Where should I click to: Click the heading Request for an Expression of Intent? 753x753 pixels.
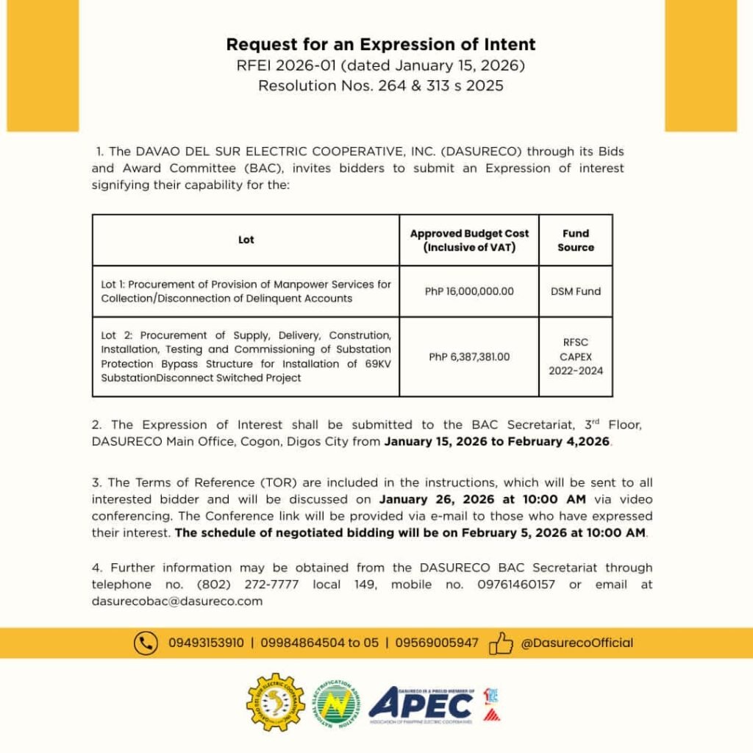pyautogui.click(x=380, y=44)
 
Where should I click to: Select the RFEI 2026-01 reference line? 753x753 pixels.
pyautogui.click(x=380, y=65)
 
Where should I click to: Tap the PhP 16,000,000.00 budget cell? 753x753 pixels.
pyautogui.click(x=469, y=291)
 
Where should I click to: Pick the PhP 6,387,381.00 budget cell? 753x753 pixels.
pyautogui.click(x=469, y=357)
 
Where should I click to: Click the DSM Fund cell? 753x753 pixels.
pyautogui.click(x=575, y=291)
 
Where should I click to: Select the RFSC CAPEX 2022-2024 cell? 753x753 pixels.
pyautogui.click(x=575, y=357)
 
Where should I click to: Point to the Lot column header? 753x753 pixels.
pyautogui.click(x=246, y=240)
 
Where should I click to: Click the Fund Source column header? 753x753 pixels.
pyautogui.click(x=575, y=240)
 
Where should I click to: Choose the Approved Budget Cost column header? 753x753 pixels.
pyautogui.click(x=469, y=240)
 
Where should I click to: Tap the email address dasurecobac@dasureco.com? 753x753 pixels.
pyautogui.click(x=177, y=601)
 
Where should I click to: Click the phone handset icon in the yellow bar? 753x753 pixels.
pyautogui.click(x=146, y=643)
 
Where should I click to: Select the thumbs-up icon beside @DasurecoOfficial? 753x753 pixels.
pyautogui.click(x=501, y=643)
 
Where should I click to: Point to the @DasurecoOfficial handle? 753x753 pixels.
pyautogui.click(x=577, y=643)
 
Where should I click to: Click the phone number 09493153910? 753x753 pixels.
pyautogui.click(x=206, y=643)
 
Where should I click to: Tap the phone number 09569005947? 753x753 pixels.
pyautogui.click(x=437, y=643)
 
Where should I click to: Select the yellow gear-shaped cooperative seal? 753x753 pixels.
pyautogui.click(x=275, y=703)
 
